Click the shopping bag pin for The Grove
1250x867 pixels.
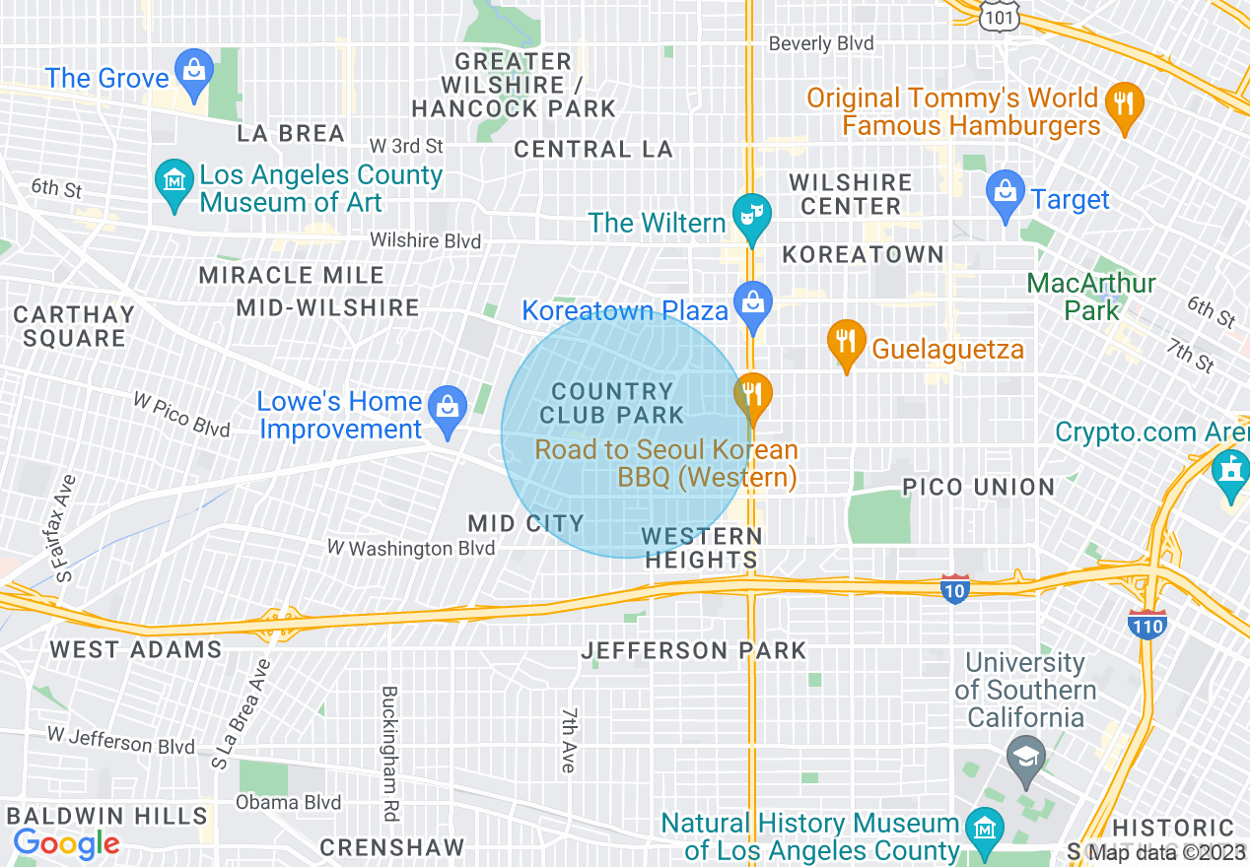[x=194, y=72]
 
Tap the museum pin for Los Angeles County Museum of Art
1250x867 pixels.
[x=174, y=182]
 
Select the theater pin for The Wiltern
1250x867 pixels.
[x=752, y=216]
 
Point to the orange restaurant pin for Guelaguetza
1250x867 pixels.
[x=845, y=342]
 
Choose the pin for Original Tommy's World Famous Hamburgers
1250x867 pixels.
[x=1123, y=103]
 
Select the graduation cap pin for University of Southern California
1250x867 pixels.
[x=1026, y=760]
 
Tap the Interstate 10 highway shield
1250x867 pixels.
[x=954, y=588]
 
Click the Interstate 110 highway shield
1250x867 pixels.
[x=1147, y=624]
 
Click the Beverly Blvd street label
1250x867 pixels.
[x=821, y=43]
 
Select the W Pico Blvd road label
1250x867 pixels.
[x=182, y=414]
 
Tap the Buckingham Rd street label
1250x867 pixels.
[x=389, y=753]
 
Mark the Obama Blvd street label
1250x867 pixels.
[x=288, y=803]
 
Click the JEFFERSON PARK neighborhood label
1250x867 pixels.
[x=693, y=650]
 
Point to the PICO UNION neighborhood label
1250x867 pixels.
[x=979, y=487]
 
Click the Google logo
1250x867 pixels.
[x=66, y=843]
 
